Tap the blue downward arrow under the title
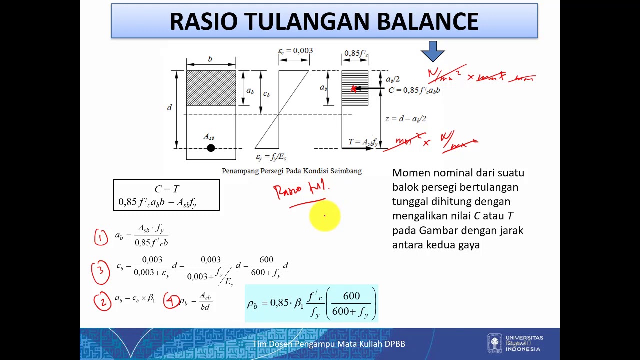pyautogui.click(x=433, y=51)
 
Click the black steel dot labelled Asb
pyautogui.click(x=211, y=148)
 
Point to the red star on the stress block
pyautogui.click(x=353, y=89)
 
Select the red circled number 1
pyautogui.click(x=101, y=237)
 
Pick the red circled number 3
pyautogui.click(x=100, y=270)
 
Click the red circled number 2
pyautogui.click(x=103, y=301)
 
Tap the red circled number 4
pyautogui.click(x=171, y=301)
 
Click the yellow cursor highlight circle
pyautogui.click(x=324, y=216)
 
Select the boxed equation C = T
pyautogui.click(x=166, y=195)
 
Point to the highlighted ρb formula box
pyautogui.click(x=311, y=303)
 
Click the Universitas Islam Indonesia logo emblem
pyautogui.click(x=495, y=343)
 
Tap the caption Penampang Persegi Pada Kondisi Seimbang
pyautogui.click(x=291, y=171)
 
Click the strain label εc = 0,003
pyautogui.click(x=295, y=51)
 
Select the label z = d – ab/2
pyautogui.click(x=405, y=119)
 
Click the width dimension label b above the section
pyautogui.click(x=210, y=59)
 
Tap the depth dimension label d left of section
pyautogui.click(x=169, y=107)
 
